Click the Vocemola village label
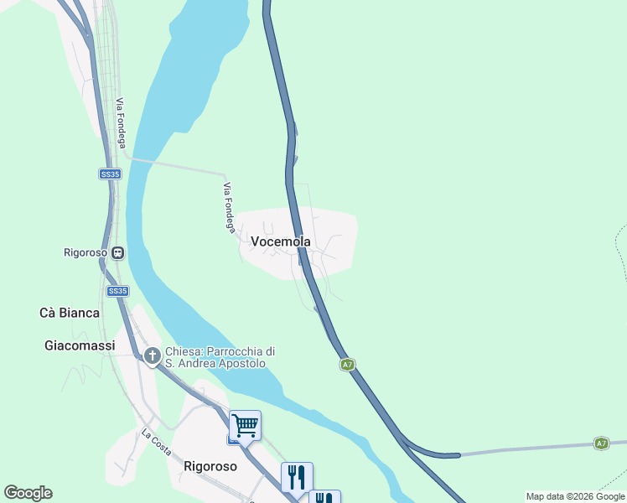click(281, 241)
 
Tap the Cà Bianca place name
click(70, 313)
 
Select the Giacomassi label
click(80, 345)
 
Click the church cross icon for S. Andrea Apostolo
click(153, 356)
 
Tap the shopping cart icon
click(245, 425)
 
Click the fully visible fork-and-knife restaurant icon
click(297, 477)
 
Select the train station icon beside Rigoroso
click(118, 252)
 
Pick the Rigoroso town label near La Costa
click(210, 466)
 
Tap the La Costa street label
click(156, 441)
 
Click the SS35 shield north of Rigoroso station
click(110, 174)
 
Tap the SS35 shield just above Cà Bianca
click(118, 291)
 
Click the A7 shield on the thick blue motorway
click(347, 365)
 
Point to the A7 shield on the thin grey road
click(601, 443)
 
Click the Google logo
click(28, 493)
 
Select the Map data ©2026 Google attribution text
click(576, 496)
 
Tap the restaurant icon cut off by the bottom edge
click(324, 498)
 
